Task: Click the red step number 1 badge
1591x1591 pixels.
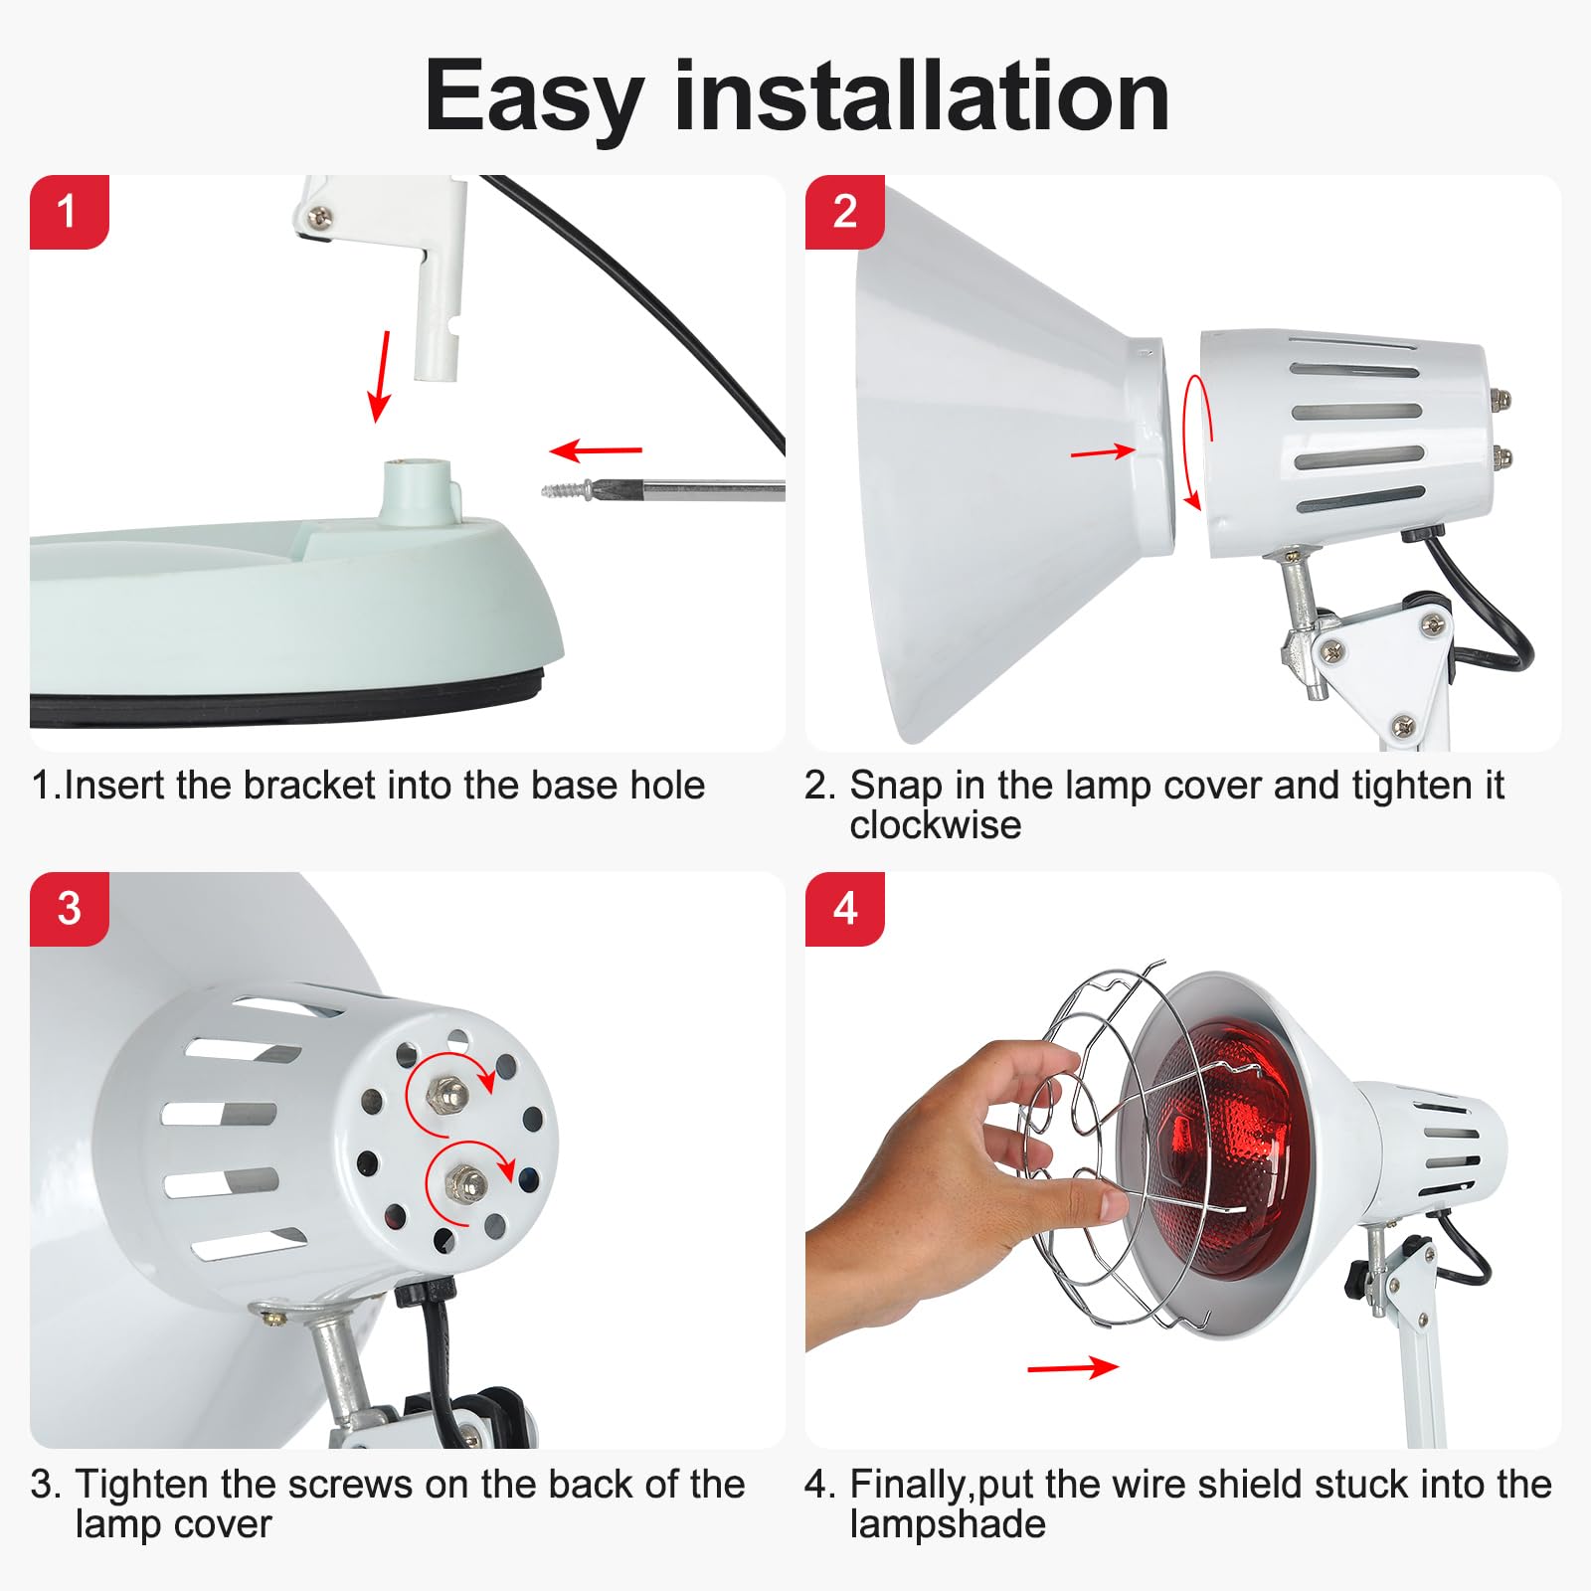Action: pyautogui.click(x=69, y=212)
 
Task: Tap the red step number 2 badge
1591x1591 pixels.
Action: pyautogui.click(x=844, y=212)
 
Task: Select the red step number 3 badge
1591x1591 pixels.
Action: pyautogui.click(x=69, y=909)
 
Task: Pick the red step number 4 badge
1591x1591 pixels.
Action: pyautogui.click(x=844, y=909)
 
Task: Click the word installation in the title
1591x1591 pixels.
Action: pyautogui.click(x=921, y=95)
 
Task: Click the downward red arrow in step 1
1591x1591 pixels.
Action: pyautogui.click(x=381, y=377)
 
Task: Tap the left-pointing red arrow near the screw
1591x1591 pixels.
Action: pyautogui.click(x=596, y=451)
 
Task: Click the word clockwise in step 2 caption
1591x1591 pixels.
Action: pyautogui.click(x=936, y=825)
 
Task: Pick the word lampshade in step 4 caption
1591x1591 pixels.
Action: pyautogui.click(x=948, y=1524)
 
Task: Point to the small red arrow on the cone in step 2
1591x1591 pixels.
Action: pyautogui.click(x=1102, y=452)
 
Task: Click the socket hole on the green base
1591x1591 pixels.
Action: pyautogui.click(x=409, y=465)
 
